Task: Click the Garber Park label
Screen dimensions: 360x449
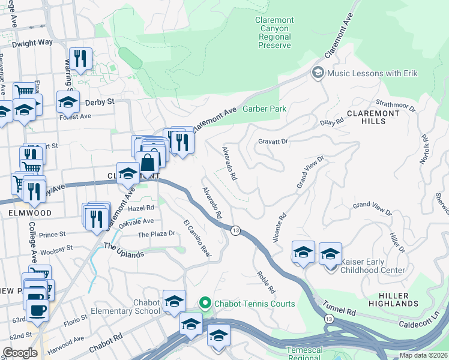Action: point(264,109)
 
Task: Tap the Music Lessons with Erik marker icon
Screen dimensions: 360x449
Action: point(318,73)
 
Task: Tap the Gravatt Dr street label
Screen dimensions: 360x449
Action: point(274,142)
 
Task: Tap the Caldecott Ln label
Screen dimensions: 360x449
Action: point(423,319)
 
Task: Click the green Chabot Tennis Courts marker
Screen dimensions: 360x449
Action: point(206,304)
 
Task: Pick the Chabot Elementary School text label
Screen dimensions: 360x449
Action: point(125,307)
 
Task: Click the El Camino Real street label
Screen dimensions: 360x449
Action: point(197,239)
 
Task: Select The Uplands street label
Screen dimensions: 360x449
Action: point(124,250)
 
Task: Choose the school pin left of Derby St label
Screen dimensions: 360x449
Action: point(68,101)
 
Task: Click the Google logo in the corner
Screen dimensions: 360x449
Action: point(20,353)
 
